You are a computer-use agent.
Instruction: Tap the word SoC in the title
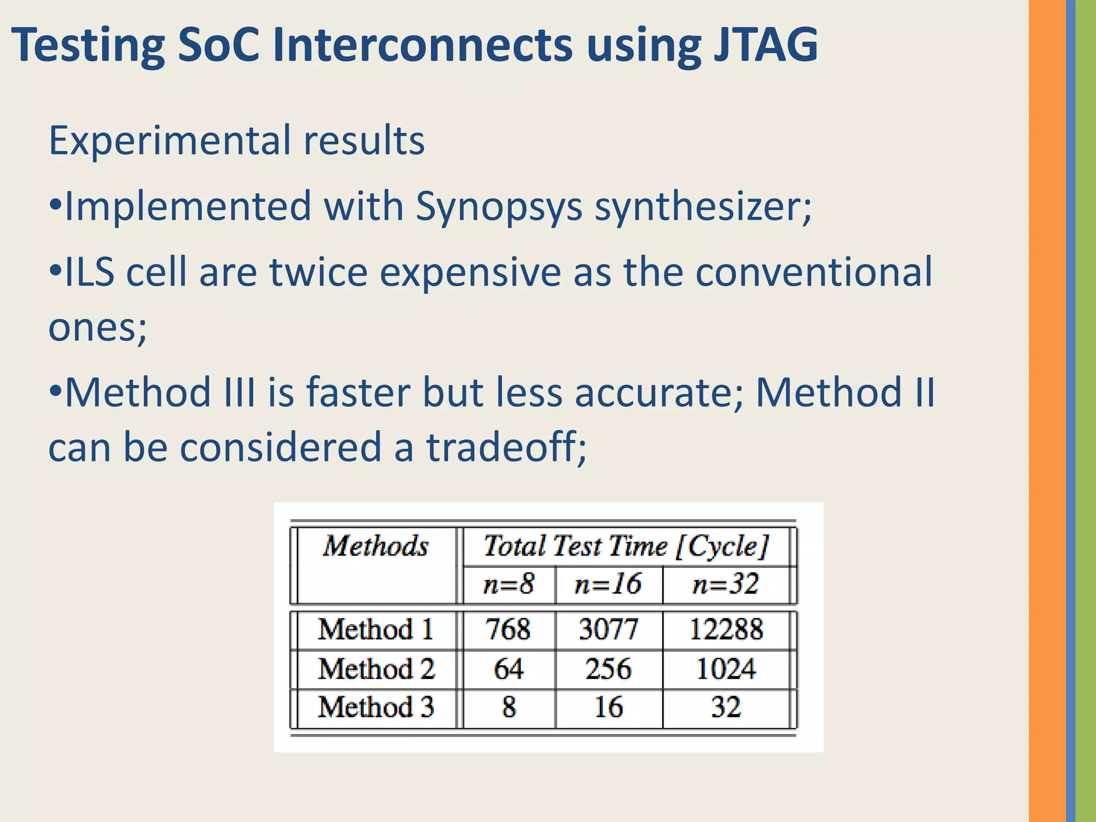pos(218,45)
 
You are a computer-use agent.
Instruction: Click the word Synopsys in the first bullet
pos(498,207)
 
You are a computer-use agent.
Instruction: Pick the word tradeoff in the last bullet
pos(506,447)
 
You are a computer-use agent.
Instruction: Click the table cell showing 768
pos(508,629)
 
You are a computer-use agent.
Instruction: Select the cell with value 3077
pos(608,629)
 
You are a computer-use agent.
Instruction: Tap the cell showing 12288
pos(726,629)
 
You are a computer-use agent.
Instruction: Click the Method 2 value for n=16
pos(608,669)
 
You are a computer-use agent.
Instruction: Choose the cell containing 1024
pos(726,669)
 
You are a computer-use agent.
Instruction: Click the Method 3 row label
pos(376,707)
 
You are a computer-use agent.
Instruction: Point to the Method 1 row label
pos(376,629)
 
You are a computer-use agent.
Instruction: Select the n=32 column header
pos(726,584)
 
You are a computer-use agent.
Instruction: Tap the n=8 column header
pos(508,584)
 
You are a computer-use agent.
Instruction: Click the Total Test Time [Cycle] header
pos(626,546)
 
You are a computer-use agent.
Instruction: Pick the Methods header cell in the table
pos(376,546)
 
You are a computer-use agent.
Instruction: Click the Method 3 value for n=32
pos(726,707)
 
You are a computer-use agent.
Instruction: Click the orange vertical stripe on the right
pos(1047,411)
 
